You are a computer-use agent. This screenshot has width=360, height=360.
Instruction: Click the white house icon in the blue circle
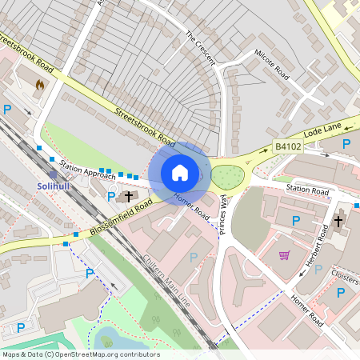pyautogui.click(x=180, y=173)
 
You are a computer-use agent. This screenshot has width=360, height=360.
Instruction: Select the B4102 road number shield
pyautogui.click(x=287, y=146)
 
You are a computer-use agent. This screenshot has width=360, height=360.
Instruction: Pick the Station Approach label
pyautogui.click(x=82, y=169)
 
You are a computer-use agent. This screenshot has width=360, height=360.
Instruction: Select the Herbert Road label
pyautogui.click(x=320, y=243)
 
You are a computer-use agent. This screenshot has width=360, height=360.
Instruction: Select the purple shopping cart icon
pyautogui.click(x=284, y=255)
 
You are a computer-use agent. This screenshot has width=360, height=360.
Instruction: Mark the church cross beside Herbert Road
pyautogui.click(x=338, y=219)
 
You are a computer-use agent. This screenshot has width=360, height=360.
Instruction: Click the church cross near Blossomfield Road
pyautogui.click(x=128, y=195)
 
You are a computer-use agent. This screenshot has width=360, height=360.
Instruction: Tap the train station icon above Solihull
pyautogui.click(x=53, y=174)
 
